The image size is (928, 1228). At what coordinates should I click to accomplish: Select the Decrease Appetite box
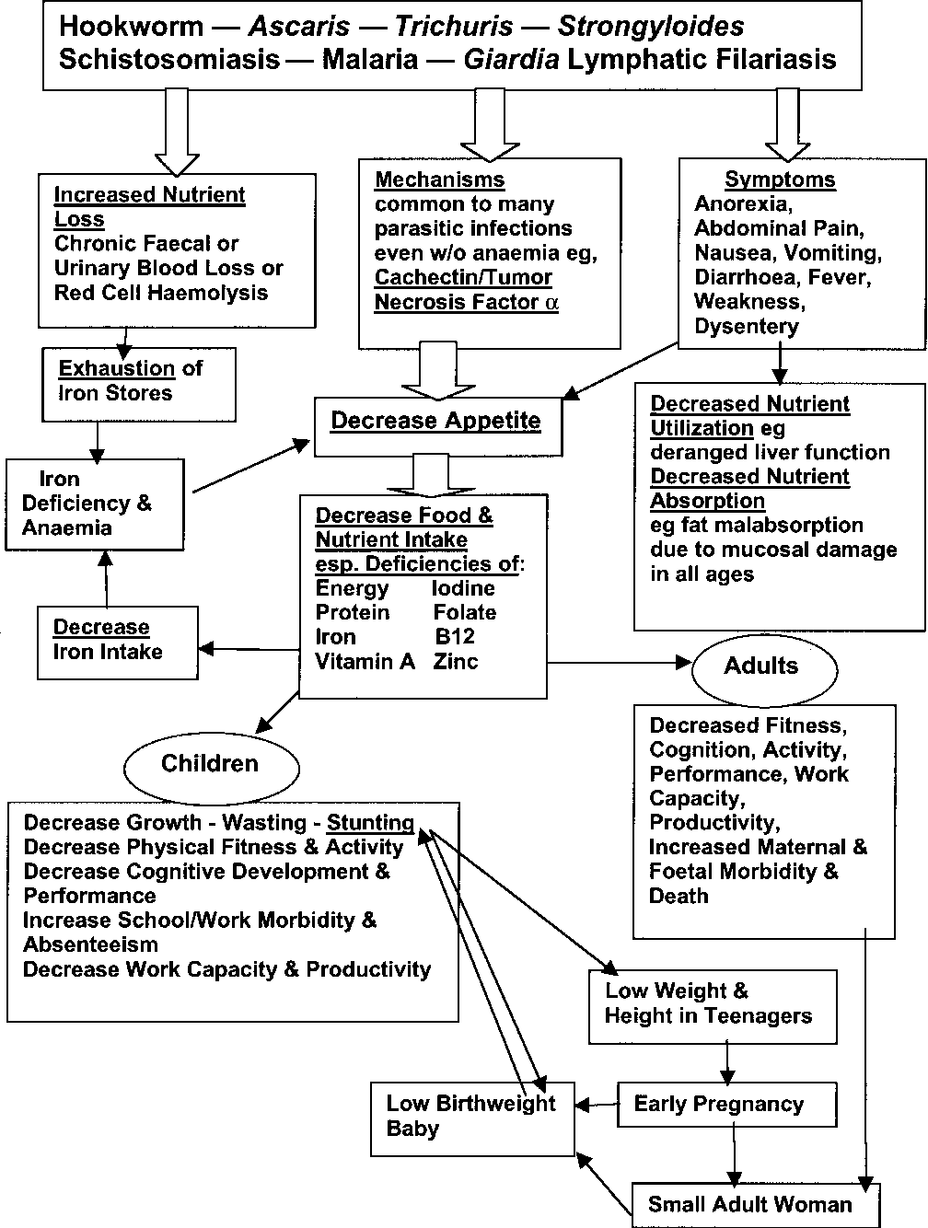(438, 426)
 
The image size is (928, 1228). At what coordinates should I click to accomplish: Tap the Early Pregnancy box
(726, 1105)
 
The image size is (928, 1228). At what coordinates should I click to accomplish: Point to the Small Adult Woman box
(756, 1204)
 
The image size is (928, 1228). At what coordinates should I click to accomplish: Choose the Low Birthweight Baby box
(472, 1118)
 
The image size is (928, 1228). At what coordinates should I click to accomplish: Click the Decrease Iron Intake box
(118, 643)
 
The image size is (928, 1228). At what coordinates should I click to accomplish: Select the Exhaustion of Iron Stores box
(139, 385)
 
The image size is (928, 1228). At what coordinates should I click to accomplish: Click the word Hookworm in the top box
(132, 27)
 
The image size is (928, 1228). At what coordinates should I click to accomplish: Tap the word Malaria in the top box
(370, 59)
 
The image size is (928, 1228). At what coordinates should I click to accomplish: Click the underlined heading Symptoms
(781, 179)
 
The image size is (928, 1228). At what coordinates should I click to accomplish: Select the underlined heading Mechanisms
(440, 180)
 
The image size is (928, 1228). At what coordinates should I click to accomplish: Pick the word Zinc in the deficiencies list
(456, 661)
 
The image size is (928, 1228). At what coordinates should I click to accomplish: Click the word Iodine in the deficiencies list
(463, 588)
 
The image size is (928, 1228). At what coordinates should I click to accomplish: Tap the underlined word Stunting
(370, 822)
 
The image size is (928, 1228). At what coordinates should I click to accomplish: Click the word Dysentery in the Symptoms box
(747, 327)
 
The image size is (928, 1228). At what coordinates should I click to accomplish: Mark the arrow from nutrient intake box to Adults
(620, 663)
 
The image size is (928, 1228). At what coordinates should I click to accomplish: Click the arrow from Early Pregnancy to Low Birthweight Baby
(597, 1105)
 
